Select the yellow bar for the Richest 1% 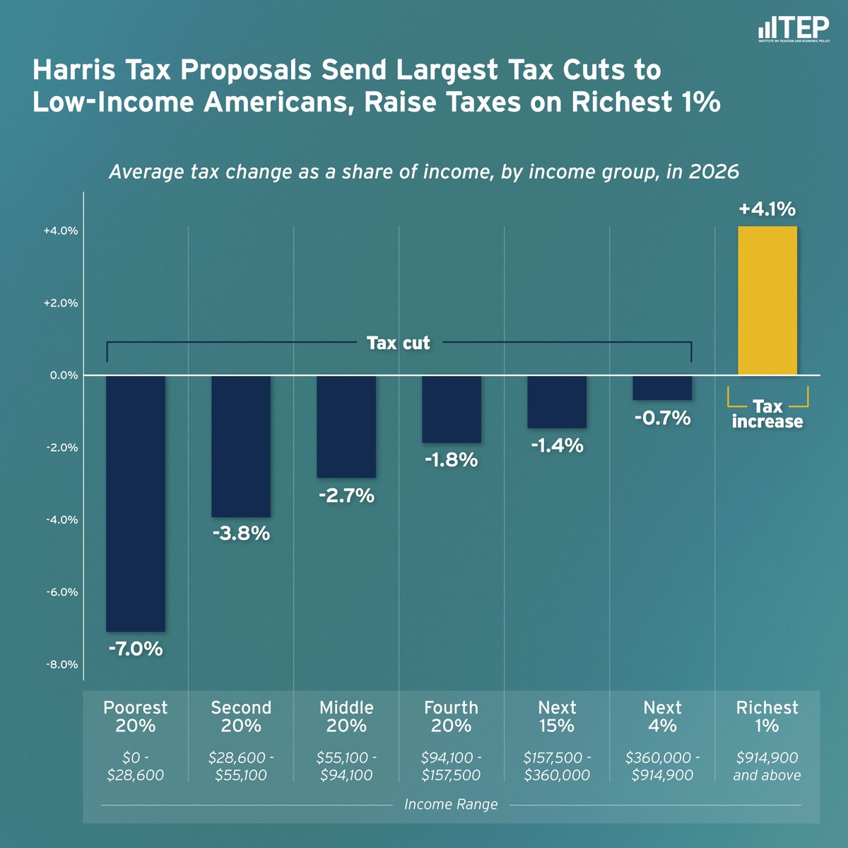coord(767,300)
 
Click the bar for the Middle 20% coord(346,426)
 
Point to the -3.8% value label coord(241,534)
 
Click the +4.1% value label coord(767,209)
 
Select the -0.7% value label coord(662,418)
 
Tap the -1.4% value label coord(557,446)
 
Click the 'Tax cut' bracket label coord(398,343)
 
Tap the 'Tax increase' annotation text coord(767,414)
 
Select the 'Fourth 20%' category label coord(451,717)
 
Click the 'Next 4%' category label coord(662,717)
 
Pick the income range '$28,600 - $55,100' coord(241,766)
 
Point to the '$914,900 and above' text coord(767,766)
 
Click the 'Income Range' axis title coord(451,804)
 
